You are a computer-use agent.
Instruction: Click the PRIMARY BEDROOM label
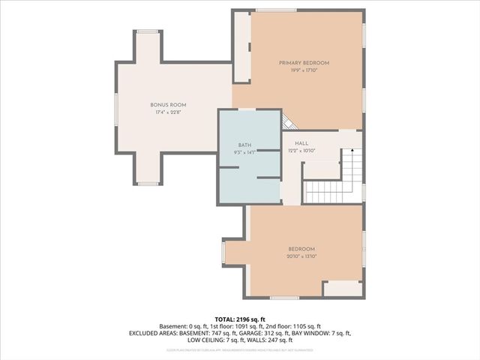304,63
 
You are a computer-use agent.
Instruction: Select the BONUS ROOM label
168,104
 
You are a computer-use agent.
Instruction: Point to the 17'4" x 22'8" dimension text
168,112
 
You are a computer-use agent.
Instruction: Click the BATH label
244,144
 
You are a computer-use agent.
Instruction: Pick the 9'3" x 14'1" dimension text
244,151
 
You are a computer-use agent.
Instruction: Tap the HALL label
301,143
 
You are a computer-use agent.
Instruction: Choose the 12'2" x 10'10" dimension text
301,151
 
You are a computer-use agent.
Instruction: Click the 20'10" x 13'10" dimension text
301,256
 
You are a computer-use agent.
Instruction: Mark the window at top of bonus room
147,31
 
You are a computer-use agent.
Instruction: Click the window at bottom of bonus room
147,184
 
